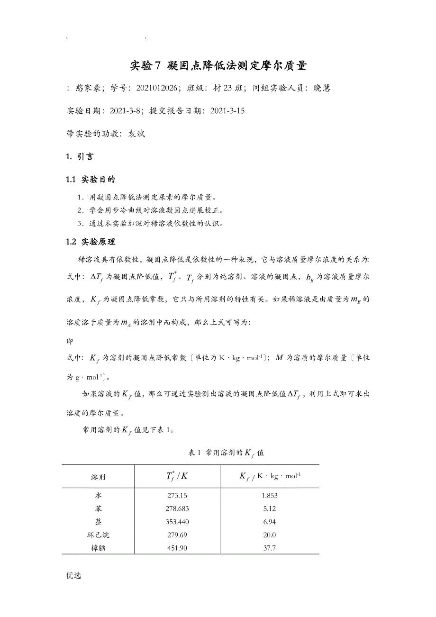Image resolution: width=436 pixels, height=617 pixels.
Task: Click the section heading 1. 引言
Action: coord(80,156)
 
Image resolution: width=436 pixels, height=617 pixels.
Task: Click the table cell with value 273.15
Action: coord(177,496)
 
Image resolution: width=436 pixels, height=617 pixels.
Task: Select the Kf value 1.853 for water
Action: coord(269,496)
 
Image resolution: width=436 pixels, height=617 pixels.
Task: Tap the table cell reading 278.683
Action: coord(177,509)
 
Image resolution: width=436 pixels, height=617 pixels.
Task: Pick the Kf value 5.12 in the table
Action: coord(269,509)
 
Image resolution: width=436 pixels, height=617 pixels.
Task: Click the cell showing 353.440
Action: coord(177,522)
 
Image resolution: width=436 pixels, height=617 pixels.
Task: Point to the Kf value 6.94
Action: coord(269,522)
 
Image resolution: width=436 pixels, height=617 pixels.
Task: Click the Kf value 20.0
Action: coord(269,535)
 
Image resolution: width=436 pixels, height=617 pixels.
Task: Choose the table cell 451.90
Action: coord(177,548)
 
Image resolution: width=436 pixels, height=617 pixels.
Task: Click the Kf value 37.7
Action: coord(269,548)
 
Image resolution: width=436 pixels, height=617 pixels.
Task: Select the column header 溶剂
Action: coord(98,476)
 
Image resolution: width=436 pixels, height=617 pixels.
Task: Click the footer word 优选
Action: coord(74,576)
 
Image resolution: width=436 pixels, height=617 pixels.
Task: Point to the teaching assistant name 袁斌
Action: coord(136,134)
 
